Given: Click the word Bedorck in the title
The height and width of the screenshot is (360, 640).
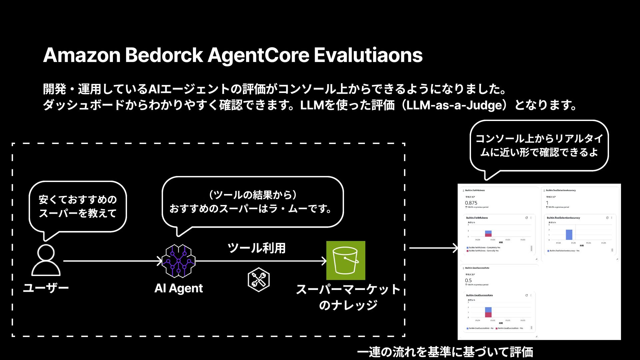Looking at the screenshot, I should click(164, 55).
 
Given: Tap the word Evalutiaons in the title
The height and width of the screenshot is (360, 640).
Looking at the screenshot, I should click(368, 55).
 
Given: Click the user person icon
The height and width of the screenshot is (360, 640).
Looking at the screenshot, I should click(46, 260).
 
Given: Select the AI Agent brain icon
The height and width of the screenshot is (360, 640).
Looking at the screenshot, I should click(179, 261).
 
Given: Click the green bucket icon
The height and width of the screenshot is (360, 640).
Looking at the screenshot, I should click(346, 260).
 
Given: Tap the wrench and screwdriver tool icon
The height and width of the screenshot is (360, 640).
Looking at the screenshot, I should click(259, 280).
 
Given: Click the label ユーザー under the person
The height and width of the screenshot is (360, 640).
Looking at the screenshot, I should click(46, 288).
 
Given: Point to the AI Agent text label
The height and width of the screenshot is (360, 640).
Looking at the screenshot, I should click(179, 288).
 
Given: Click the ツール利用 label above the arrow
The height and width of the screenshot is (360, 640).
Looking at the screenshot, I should click(256, 248).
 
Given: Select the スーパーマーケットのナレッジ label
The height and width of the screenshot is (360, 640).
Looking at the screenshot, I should click(348, 297).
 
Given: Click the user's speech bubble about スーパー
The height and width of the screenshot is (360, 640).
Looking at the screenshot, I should click(78, 206).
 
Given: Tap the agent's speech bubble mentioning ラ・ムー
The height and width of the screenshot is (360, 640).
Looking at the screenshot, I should click(252, 202).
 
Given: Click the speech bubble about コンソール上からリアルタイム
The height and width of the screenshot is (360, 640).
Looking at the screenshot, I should click(539, 146).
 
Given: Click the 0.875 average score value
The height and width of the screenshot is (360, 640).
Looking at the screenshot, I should click(471, 203).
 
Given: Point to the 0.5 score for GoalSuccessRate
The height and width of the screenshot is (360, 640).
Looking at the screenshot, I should click(468, 281).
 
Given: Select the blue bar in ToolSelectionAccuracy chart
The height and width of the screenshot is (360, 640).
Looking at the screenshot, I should click(569, 235).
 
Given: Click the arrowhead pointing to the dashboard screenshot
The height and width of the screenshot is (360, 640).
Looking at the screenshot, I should click(455, 248).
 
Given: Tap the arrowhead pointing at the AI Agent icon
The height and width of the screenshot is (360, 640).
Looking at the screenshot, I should click(159, 261).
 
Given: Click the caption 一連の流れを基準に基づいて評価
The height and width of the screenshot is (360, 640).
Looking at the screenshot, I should click(445, 352).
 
